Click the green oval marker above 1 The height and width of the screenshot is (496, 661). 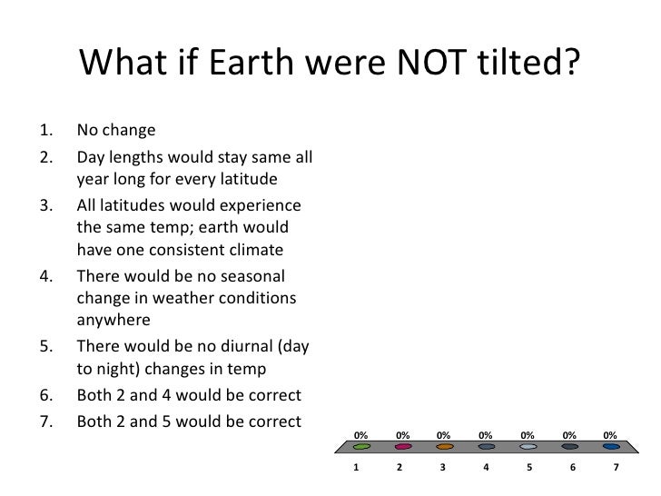[360, 447]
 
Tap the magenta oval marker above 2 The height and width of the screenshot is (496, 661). [403, 447]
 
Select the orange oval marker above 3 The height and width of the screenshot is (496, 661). [445, 447]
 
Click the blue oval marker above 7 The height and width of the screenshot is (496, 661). [612, 447]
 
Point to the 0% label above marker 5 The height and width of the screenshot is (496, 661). [528, 435]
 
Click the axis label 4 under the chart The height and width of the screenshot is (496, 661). [486, 468]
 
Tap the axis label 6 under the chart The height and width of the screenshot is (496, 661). [571, 468]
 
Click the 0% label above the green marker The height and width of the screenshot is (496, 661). [360, 435]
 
